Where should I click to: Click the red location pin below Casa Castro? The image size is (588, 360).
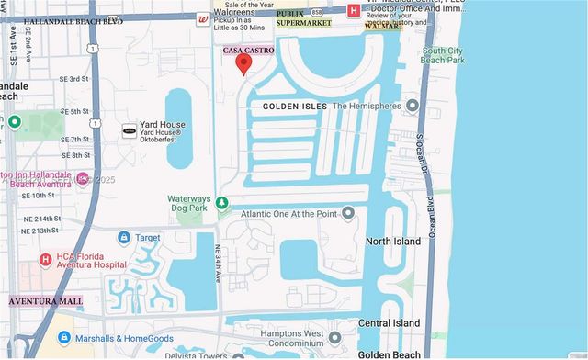243,63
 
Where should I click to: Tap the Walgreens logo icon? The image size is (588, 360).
203,18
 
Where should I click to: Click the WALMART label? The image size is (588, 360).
384,27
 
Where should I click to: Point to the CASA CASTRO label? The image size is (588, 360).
248,51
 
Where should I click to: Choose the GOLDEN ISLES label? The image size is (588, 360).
295,107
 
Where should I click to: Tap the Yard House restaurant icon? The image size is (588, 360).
130,131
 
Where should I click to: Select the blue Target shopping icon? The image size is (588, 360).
123,237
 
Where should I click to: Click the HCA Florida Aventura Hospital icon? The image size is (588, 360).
45,260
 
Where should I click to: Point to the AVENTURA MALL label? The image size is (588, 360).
46,301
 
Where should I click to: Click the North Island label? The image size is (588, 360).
393,242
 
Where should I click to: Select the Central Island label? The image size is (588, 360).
389,323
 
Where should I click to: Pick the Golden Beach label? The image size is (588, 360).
390,354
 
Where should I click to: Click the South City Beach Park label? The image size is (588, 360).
444,55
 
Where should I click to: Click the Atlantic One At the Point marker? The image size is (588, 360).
348,214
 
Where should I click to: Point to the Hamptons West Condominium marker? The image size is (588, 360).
334,337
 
